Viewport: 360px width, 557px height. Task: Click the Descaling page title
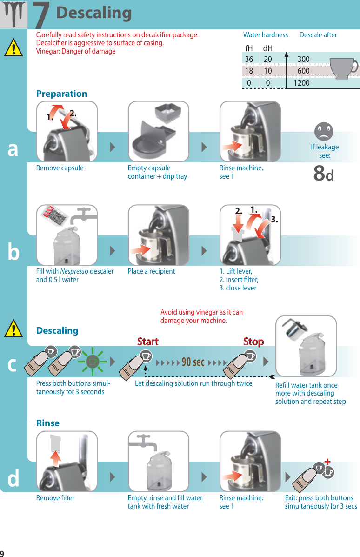coord(94,13)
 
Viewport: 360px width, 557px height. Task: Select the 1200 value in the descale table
coord(301,83)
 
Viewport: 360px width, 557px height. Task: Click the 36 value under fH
coord(249,59)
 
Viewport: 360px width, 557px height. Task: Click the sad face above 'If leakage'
coord(324,131)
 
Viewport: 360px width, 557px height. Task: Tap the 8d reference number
coord(323,174)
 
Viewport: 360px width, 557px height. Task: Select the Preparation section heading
coord(62,94)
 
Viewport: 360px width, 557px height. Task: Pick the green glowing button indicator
coord(93,361)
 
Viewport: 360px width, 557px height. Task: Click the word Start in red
coord(148,342)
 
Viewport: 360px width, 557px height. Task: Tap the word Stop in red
coord(253,342)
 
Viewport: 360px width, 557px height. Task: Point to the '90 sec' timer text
coord(193,362)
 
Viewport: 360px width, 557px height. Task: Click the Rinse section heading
coord(48,423)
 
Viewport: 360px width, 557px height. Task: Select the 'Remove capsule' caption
coord(60,168)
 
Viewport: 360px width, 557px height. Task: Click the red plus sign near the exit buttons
coord(327,462)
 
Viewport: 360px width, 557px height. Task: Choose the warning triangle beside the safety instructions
coord(13,47)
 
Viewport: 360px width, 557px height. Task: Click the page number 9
coord(2,553)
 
